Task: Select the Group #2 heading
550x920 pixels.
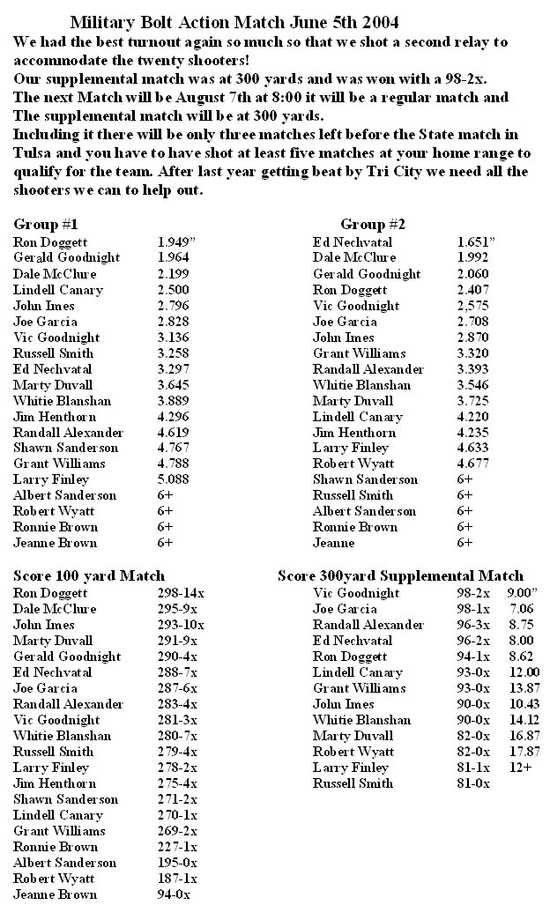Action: point(373,224)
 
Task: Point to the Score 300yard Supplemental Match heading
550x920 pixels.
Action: point(400,575)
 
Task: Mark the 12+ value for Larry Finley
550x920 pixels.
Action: point(522,767)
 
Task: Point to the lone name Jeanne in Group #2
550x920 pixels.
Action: point(334,543)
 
